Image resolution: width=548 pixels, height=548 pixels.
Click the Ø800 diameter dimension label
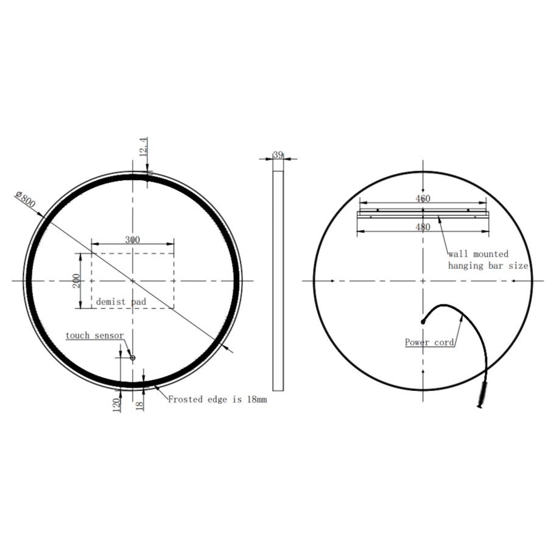point(25,199)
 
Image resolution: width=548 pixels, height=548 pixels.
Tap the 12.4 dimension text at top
point(144,148)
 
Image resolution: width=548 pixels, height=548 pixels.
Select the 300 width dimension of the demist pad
point(132,239)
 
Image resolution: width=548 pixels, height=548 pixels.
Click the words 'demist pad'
point(121,301)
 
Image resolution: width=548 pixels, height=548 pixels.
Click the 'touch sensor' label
point(94,335)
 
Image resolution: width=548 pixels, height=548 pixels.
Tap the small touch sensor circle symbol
point(132,358)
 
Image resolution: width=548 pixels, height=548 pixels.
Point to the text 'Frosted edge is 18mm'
point(217,400)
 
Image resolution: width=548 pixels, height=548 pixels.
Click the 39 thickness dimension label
point(278,155)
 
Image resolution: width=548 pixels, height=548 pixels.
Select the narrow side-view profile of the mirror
point(278,280)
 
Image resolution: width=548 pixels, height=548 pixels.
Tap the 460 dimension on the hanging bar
point(423,198)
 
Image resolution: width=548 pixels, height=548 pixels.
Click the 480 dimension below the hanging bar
point(423,227)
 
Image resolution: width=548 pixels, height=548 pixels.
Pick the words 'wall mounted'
point(478,254)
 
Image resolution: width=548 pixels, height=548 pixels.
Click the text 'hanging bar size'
point(488,265)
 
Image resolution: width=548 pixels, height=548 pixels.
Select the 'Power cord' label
point(430,342)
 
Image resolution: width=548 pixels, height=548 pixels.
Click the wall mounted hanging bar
point(423,213)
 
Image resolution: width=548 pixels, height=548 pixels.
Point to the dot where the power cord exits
point(423,321)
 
